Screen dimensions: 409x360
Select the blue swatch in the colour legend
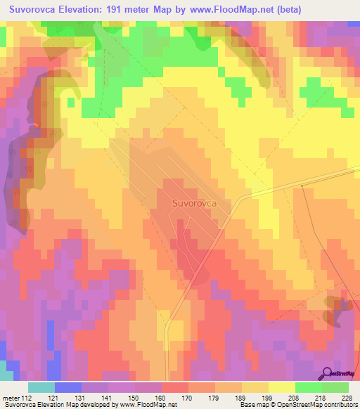tap(67, 387)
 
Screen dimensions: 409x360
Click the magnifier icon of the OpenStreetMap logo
tap(328, 374)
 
